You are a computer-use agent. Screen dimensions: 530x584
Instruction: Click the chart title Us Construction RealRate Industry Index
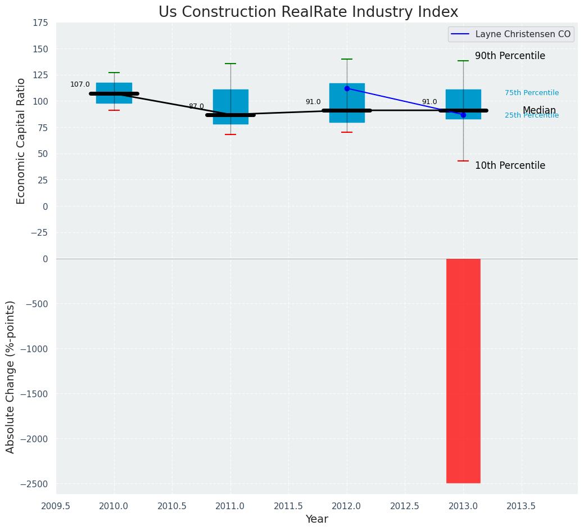(x=308, y=12)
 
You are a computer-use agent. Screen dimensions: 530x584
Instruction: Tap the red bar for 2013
(x=463, y=371)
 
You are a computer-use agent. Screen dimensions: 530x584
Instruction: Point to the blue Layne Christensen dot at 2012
(x=347, y=88)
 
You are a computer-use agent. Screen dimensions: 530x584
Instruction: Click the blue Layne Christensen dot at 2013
(x=463, y=115)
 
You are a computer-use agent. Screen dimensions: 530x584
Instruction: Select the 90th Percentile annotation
(x=510, y=56)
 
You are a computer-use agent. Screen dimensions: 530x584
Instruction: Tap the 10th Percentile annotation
(x=510, y=166)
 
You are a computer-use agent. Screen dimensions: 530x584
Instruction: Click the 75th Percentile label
(x=532, y=93)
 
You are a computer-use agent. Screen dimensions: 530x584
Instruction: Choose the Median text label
(x=539, y=111)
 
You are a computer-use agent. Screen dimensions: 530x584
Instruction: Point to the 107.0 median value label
(x=80, y=84)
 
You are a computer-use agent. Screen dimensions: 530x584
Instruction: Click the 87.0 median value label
(x=196, y=106)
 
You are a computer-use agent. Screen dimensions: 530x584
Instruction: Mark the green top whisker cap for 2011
(x=230, y=64)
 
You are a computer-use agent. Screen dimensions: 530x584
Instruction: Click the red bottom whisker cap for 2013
(x=463, y=161)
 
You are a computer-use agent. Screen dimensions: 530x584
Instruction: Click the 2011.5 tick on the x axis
(x=289, y=506)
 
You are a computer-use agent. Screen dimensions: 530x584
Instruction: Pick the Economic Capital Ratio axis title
(x=21, y=141)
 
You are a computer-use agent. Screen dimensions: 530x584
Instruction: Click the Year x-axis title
(x=317, y=519)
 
